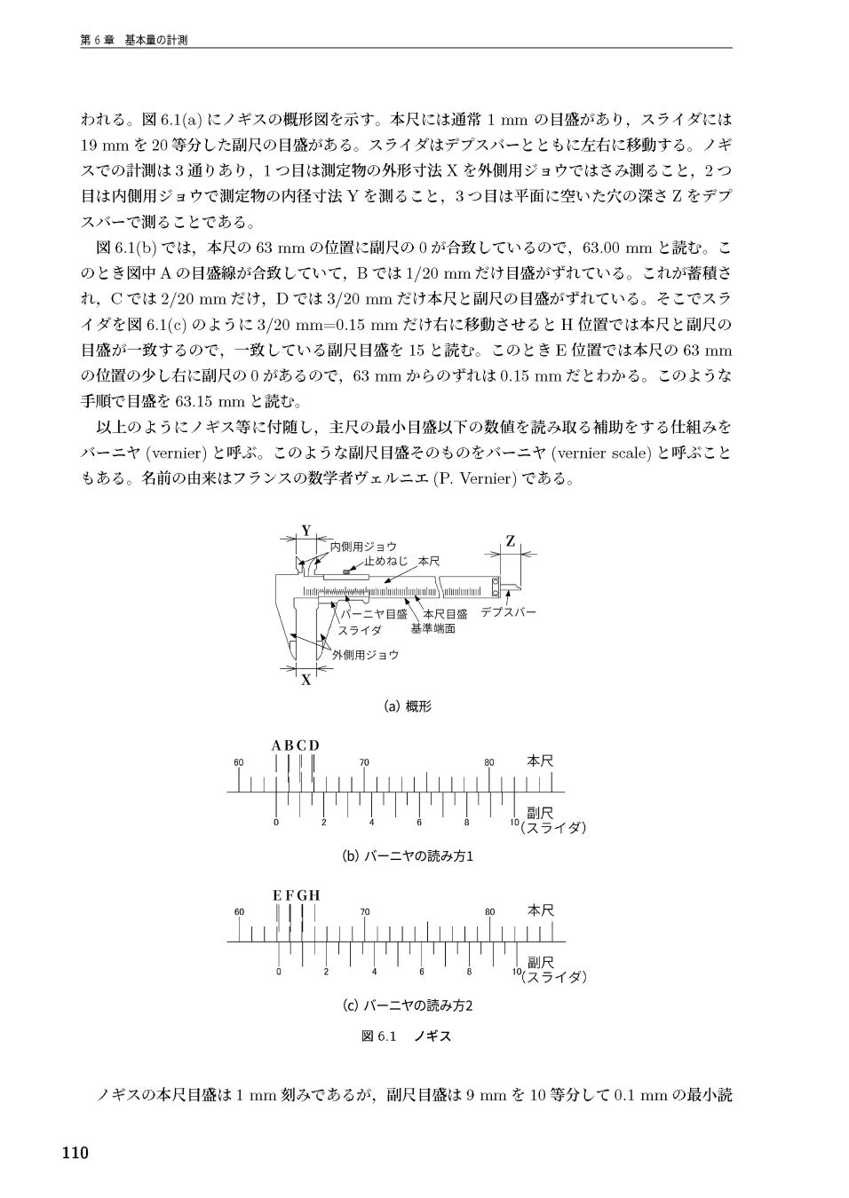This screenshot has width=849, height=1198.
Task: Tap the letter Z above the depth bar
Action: [x=511, y=540]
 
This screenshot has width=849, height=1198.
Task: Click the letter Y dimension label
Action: [x=305, y=530]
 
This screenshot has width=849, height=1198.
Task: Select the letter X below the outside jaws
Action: [x=305, y=681]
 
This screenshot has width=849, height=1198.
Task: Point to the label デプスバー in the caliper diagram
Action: [x=508, y=612]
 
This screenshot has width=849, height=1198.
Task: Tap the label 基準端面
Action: [x=432, y=628]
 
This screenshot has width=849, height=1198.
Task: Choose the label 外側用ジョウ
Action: [x=365, y=654]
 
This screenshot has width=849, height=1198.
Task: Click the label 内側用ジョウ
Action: [x=363, y=547]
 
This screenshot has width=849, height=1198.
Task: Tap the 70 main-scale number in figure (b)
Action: [x=364, y=762]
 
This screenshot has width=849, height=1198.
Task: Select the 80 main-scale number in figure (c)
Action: [x=489, y=911]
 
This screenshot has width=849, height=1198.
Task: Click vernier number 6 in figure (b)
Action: [x=419, y=823]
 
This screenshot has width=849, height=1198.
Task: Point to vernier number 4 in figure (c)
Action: [x=374, y=972]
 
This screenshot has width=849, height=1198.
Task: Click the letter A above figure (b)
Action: [x=276, y=745]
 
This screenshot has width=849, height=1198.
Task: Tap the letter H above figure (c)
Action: [x=314, y=895]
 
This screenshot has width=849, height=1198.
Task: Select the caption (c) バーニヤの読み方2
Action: [x=408, y=1005]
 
